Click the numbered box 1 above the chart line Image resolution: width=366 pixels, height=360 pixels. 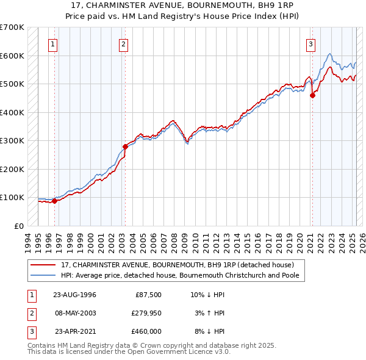53,44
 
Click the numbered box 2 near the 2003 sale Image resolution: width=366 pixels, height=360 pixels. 123,44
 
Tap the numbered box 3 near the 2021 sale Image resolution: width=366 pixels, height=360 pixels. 310,44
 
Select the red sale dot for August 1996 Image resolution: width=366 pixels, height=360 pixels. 54,201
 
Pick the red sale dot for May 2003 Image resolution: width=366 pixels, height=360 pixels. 125,146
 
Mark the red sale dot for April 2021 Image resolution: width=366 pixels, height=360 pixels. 312,95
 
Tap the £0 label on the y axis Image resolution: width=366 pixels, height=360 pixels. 18,226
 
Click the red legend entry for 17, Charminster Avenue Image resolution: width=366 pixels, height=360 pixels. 178,265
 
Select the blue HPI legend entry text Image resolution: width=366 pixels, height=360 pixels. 183,275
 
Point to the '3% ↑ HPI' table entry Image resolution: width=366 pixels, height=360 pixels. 212,313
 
